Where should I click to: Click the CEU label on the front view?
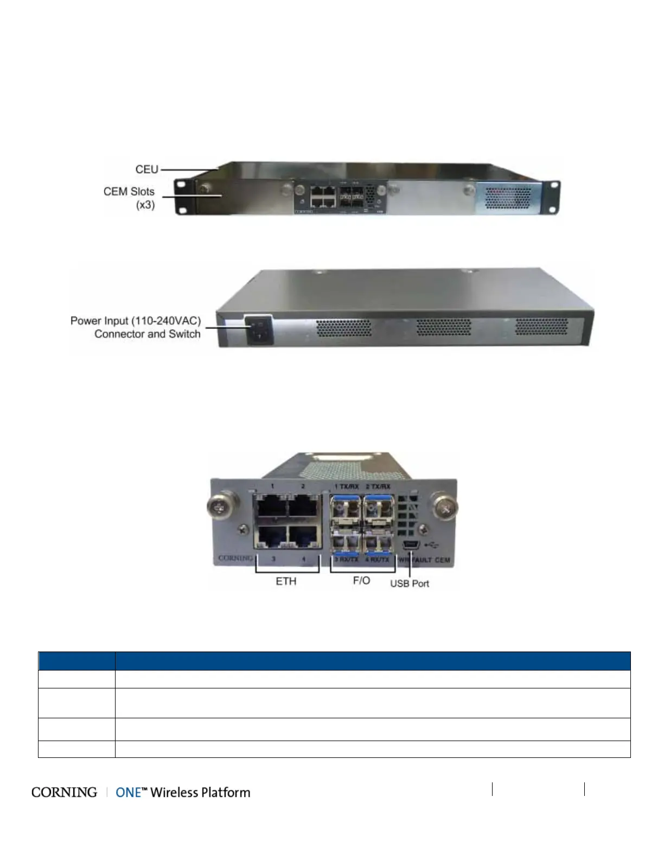point(146,169)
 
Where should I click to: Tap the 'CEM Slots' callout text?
point(129,192)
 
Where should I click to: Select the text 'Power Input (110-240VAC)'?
point(136,321)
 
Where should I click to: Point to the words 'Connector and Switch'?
point(148,334)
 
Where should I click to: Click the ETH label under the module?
point(286,581)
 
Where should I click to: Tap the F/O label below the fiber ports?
point(361,581)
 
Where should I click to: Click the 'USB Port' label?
point(410,584)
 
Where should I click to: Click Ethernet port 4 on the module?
point(304,537)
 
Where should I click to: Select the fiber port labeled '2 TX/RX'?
point(378,509)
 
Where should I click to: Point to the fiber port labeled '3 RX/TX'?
point(346,541)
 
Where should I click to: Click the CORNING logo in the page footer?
point(64,793)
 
